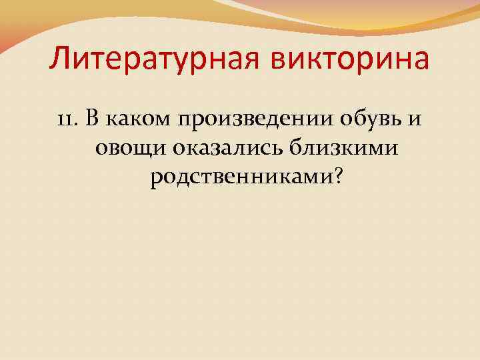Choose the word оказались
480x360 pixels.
click(x=229, y=148)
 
